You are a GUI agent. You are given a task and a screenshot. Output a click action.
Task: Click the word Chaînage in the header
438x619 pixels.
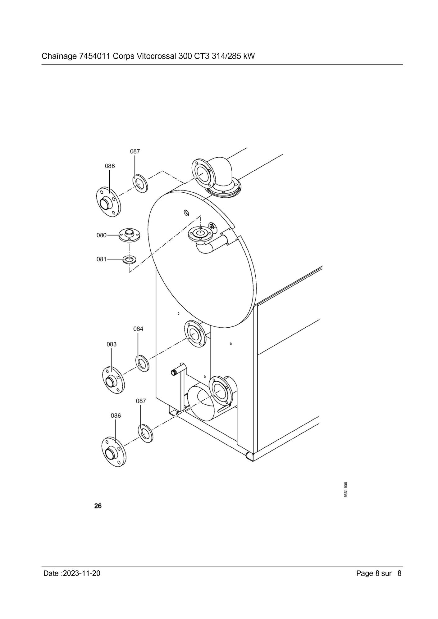click(x=58, y=56)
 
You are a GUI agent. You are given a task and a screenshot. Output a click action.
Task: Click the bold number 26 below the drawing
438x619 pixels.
click(x=98, y=506)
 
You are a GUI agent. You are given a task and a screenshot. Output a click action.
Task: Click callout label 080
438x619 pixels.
click(x=101, y=235)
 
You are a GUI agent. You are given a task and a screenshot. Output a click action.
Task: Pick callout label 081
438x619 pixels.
click(x=101, y=259)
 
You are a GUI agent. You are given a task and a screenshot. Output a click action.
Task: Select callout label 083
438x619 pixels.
click(x=112, y=344)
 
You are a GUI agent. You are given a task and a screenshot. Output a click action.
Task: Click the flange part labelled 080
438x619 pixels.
click(x=129, y=235)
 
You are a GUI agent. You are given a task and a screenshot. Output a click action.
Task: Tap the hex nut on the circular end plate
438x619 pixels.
click(x=212, y=226)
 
